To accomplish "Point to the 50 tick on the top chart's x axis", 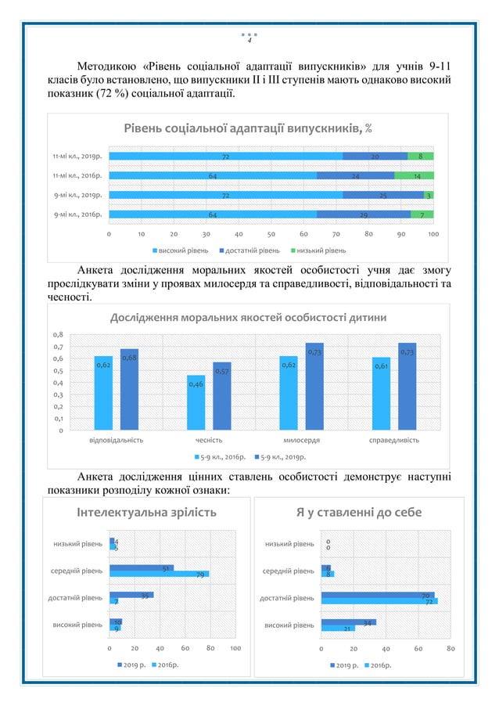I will click(271, 233).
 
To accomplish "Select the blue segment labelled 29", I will click(364, 214).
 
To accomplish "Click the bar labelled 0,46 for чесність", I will click(196, 402).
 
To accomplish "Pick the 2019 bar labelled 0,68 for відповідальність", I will click(129, 389).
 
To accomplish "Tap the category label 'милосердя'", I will click(300, 440).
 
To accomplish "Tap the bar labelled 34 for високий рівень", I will click(348, 622).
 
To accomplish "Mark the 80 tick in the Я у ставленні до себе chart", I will click(451, 649).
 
